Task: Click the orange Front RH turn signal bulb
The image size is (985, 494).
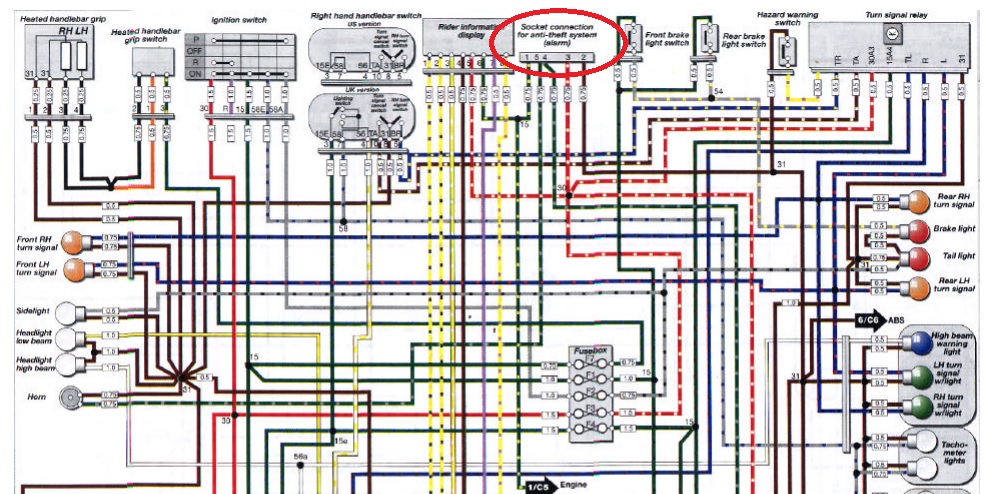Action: coord(74,241)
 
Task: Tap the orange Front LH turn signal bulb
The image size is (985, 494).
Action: coord(74,268)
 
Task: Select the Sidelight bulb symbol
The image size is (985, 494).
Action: coord(68,312)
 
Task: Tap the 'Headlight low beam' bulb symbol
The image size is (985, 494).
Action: coord(68,338)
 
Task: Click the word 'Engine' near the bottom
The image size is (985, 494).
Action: coord(573,485)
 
